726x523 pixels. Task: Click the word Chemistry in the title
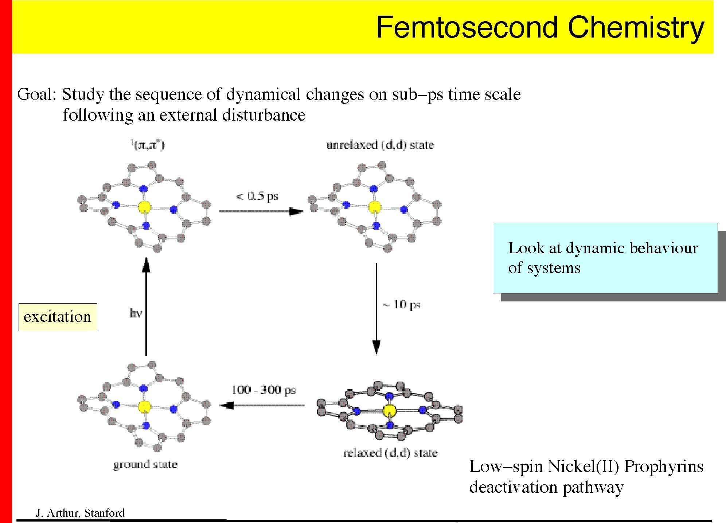(x=636, y=27)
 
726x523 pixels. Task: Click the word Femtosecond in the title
(x=467, y=27)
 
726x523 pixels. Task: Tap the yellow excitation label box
(x=58, y=317)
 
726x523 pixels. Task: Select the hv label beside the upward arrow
(x=136, y=313)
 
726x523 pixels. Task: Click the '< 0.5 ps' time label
(x=257, y=196)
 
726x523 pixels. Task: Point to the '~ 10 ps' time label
(x=402, y=305)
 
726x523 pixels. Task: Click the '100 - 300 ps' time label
(x=264, y=390)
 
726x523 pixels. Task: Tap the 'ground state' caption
(x=145, y=464)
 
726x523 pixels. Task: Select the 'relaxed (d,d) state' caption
(x=390, y=453)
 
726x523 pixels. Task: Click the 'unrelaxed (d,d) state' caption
(x=380, y=145)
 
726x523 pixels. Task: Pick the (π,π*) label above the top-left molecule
(x=148, y=145)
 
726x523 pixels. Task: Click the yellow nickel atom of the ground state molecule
(x=145, y=406)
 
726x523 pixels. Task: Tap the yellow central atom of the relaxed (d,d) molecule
(x=389, y=411)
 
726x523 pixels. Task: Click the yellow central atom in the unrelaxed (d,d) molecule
(x=374, y=207)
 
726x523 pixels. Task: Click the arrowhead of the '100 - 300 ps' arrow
(x=227, y=405)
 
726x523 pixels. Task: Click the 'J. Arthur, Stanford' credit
(x=80, y=513)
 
